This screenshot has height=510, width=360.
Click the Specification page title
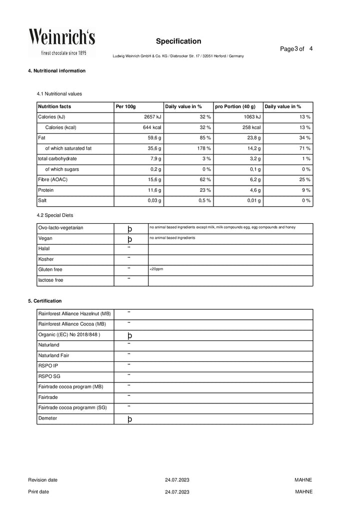(x=178, y=41)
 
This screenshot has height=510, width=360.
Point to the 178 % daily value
(x=202, y=148)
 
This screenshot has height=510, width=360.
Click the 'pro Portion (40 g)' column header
(x=235, y=107)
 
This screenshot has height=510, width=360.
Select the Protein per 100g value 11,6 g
(x=152, y=190)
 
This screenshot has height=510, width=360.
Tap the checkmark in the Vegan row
(x=129, y=240)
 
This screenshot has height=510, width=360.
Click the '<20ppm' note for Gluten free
(x=156, y=269)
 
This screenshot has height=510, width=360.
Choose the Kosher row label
(x=46, y=259)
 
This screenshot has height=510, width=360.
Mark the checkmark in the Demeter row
(x=129, y=419)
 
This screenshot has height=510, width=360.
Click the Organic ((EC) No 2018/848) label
(x=69, y=334)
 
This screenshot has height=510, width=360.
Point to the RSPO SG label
(x=49, y=376)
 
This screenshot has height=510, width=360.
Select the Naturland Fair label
(x=53, y=355)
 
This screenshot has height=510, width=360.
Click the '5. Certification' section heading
(x=45, y=301)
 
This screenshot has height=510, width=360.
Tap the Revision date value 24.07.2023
(x=177, y=480)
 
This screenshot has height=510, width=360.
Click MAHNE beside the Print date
(x=303, y=491)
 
